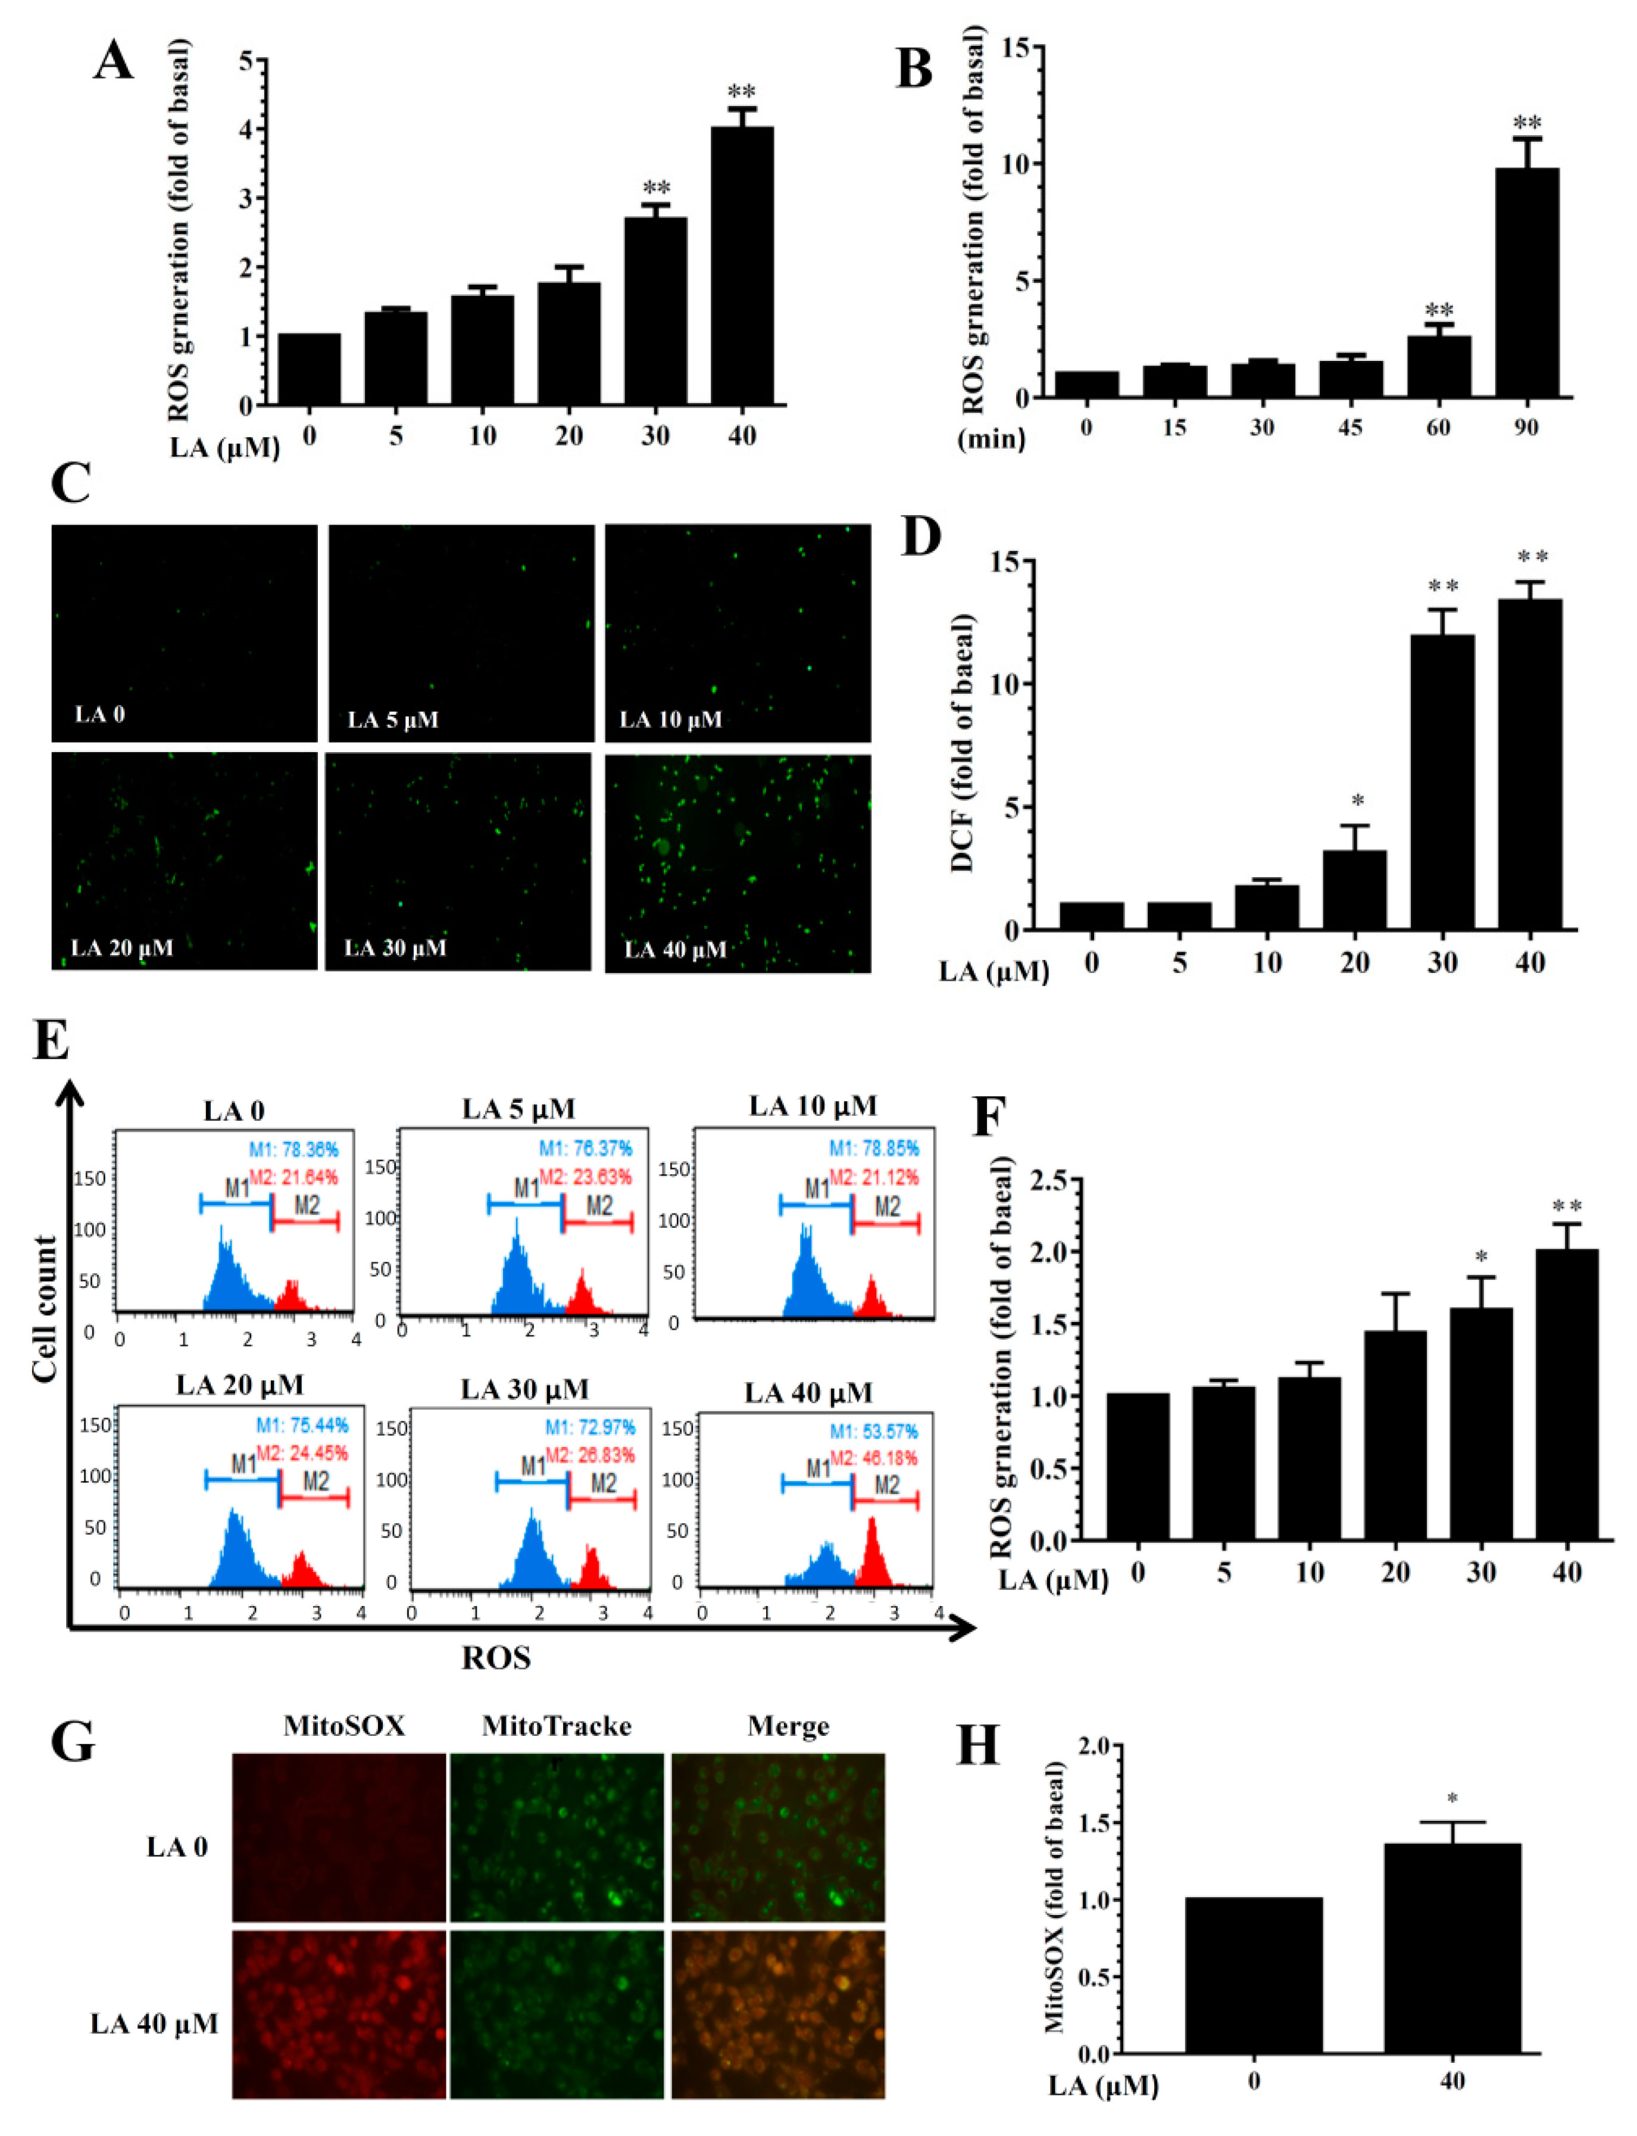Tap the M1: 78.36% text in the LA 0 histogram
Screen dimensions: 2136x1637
(293, 1150)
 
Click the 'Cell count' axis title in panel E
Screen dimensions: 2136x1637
(44, 1308)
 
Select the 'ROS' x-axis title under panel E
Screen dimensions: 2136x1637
(496, 1657)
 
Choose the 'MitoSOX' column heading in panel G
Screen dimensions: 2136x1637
(344, 1726)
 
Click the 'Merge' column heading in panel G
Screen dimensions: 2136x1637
(788, 1726)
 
